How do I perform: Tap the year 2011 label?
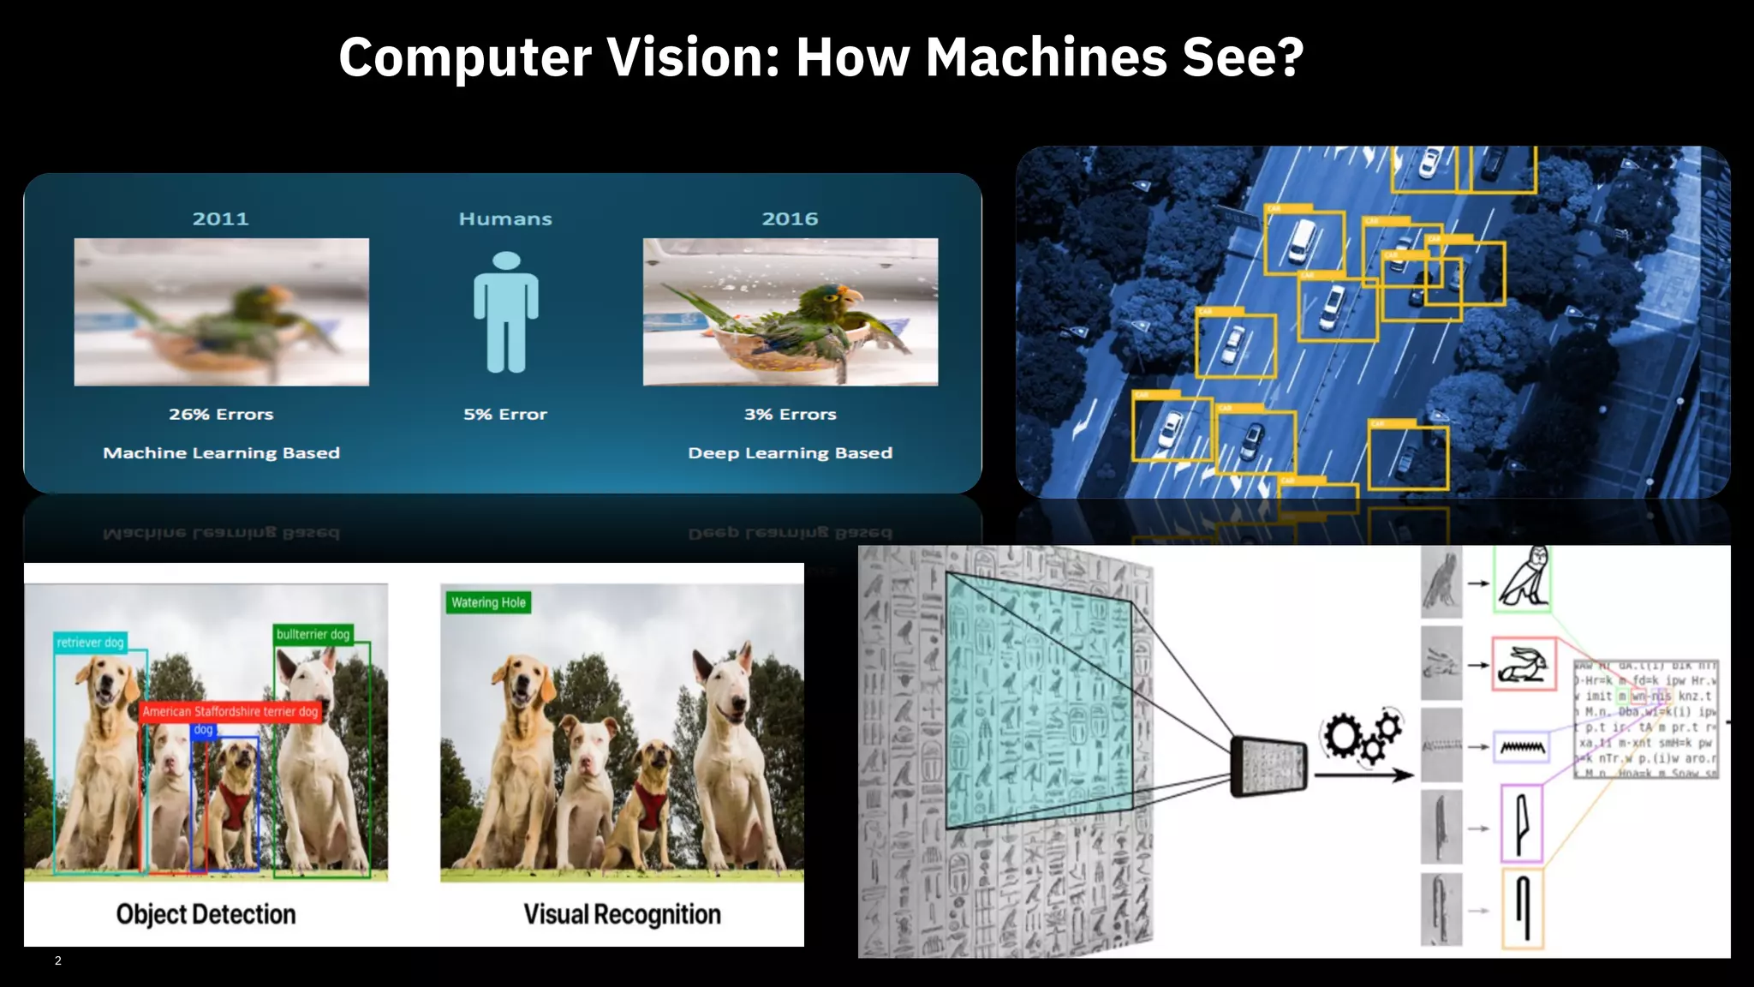pos(220,218)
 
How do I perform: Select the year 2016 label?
pos(790,218)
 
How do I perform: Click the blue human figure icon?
pos(506,312)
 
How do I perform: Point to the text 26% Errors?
pos(221,414)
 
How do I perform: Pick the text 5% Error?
pos(505,414)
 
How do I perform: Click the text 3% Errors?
pos(790,414)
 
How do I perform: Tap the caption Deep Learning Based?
pos(790,452)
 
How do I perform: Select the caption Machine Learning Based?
pos(221,452)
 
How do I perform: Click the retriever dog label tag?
pos(90,643)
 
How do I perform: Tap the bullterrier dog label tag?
pos(313,634)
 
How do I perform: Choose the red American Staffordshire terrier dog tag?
pos(230,711)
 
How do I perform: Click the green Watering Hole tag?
pos(488,602)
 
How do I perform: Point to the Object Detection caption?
pos(206,914)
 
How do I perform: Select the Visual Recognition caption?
pos(622,914)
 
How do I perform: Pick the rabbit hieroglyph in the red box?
pos(1524,664)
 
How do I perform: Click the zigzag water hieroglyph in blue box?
pos(1523,747)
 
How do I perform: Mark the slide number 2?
pos(58,960)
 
